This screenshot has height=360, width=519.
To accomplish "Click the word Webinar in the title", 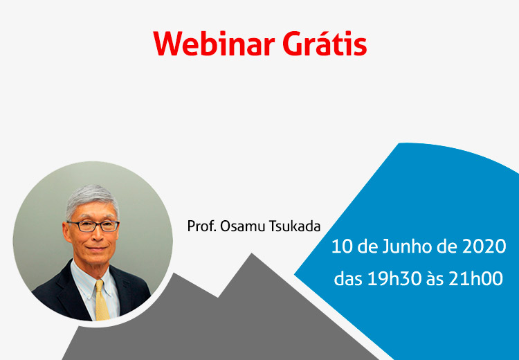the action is (214, 44).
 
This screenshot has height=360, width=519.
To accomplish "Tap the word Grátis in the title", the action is (325, 43).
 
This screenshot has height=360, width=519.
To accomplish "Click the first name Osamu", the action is (243, 226).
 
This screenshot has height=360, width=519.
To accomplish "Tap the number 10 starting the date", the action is (341, 247).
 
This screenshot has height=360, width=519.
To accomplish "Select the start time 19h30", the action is (394, 279).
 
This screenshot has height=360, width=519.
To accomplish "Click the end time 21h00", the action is (475, 279).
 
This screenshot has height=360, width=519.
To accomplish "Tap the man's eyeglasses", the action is (93, 226).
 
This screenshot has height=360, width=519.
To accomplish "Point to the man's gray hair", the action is (91, 199).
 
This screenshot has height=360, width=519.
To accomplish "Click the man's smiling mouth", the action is (97, 249).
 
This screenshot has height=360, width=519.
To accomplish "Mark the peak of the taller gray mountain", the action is (252, 253).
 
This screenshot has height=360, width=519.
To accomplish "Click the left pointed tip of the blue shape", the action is (294, 275).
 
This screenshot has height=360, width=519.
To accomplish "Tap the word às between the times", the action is (435, 279).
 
